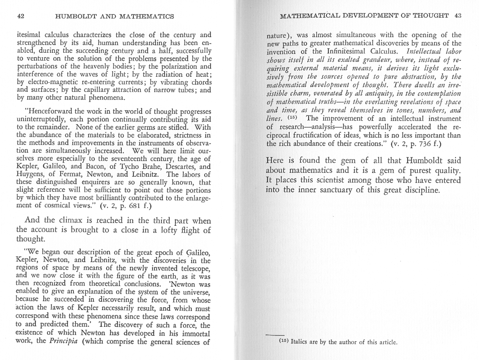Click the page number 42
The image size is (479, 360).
(x=21, y=16)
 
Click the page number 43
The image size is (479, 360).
(x=457, y=16)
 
